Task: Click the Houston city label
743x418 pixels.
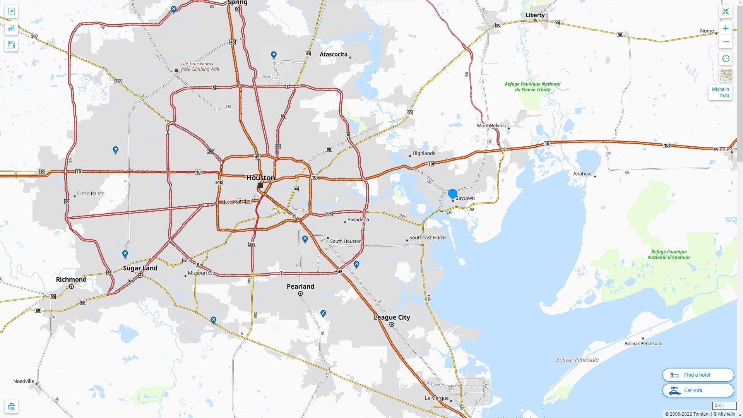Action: click(x=260, y=178)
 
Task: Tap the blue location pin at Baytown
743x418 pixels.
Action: click(x=453, y=194)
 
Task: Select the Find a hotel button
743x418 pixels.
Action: click(x=698, y=375)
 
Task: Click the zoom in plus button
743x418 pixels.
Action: click(x=726, y=28)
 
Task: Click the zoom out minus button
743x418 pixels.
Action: click(x=726, y=42)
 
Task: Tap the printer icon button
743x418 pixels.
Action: click(x=11, y=406)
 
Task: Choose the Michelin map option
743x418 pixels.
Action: click(x=720, y=93)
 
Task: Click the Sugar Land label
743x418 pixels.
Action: click(x=140, y=268)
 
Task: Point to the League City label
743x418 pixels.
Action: click(x=392, y=317)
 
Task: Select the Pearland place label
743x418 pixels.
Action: click(x=300, y=286)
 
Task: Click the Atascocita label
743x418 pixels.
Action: click(x=333, y=54)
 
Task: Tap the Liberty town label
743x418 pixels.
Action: click(x=535, y=15)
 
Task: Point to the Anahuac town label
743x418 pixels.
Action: click(x=582, y=174)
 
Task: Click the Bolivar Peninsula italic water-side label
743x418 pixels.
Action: click(x=577, y=360)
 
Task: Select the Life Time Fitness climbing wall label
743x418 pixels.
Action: click(x=200, y=67)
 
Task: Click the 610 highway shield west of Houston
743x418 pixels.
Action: click(x=219, y=182)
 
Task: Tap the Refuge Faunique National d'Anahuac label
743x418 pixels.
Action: click(x=669, y=254)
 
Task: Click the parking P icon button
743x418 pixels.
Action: click(x=11, y=11)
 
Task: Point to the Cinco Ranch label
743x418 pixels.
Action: click(x=91, y=194)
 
